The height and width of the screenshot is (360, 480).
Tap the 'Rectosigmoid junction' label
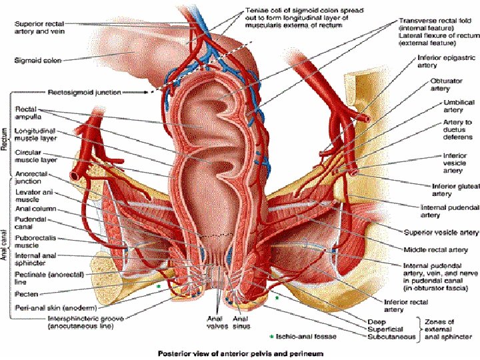tap(85, 92)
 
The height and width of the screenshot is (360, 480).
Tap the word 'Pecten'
tap(26, 293)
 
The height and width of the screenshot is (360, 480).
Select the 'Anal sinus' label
tap(241, 323)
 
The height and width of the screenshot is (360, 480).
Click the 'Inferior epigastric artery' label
tap(437, 62)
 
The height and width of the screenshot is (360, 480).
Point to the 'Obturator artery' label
tap(445, 85)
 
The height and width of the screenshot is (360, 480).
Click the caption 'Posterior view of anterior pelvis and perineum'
tap(239, 353)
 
